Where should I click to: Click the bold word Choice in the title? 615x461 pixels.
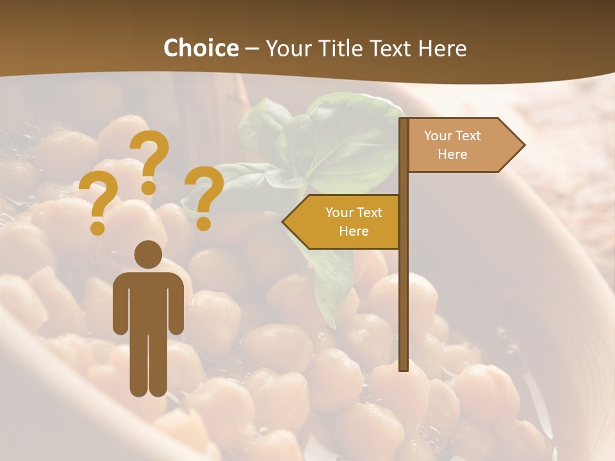coord(201,48)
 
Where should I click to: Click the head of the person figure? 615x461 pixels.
coord(148,254)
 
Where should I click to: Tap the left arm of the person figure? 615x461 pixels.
coord(120,304)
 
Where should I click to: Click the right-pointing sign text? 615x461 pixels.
coord(452,145)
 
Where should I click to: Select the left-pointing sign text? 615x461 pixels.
coord(354,222)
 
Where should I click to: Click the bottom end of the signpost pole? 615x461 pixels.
coord(404,368)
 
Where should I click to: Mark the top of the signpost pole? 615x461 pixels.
coord(404,120)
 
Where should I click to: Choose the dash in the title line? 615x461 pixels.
coord(252,49)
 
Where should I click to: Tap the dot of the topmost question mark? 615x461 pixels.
coord(149,188)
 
